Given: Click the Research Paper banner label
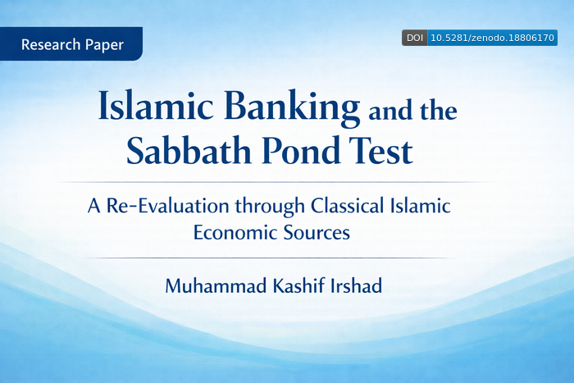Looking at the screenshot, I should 72,44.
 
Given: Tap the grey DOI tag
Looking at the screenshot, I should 414,38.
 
